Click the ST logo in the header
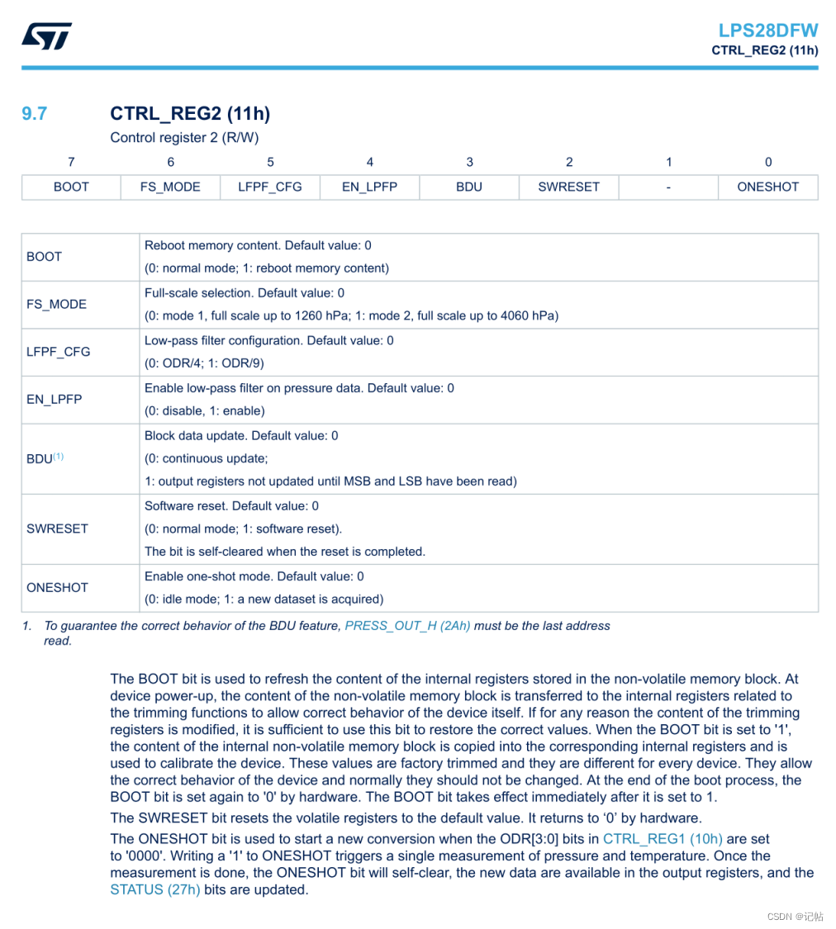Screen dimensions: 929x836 point(47,36)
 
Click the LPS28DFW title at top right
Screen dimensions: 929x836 point(767,31)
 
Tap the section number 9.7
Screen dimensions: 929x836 point(35,114)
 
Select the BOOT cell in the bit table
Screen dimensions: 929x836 point(71,187)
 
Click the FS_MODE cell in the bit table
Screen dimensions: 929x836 point(170,187)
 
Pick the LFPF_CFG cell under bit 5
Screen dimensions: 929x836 point(270,187)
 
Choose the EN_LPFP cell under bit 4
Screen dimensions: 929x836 point(369,187)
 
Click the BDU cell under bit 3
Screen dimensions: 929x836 point(469,187)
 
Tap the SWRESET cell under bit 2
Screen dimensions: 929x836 point(568,187)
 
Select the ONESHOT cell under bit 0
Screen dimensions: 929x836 point(768,187)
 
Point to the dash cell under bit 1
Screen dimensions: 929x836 point(668,187)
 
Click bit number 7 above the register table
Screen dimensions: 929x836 point(71,163)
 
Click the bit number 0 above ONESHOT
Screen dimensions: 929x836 point(768,163)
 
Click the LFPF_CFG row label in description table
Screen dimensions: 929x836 point(59,352)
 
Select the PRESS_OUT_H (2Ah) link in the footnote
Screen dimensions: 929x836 point(407,626)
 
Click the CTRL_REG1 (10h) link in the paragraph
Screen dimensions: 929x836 point(663,839)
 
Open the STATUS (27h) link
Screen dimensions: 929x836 point(154,889)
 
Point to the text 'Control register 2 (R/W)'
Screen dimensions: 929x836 point(184,138)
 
